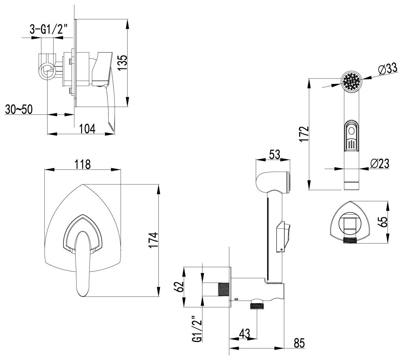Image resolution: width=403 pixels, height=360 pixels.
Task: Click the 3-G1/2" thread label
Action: [x=50, y=30]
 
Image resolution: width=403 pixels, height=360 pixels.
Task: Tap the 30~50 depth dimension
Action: [x=19, y=109]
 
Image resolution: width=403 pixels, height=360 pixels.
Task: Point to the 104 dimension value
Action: [x=87, y=128]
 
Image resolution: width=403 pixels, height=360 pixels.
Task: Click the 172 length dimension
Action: [x=305, y=134]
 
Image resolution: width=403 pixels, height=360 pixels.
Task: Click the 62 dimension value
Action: [x=180, y=287]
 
